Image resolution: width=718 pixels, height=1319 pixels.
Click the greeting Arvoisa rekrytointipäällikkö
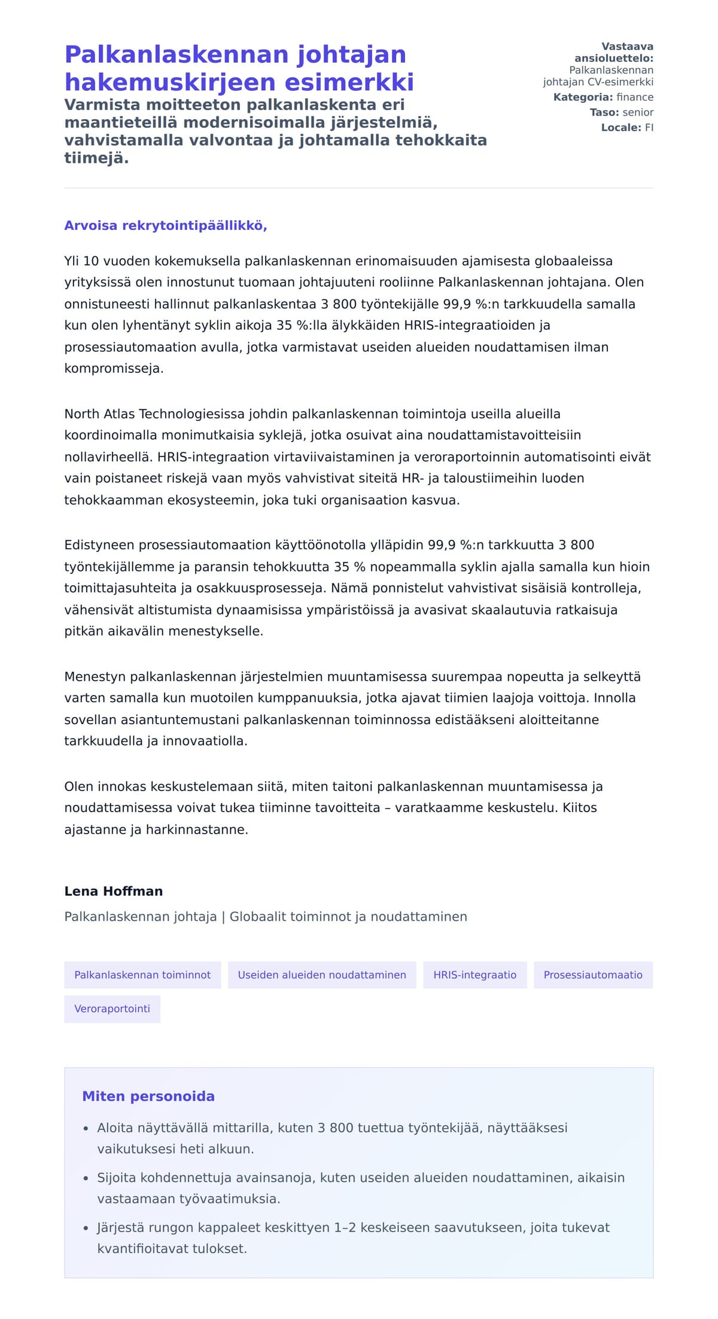[165, 226]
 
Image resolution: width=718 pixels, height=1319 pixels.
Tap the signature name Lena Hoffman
[113, 891]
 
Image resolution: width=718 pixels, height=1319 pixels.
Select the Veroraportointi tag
[112, 1008]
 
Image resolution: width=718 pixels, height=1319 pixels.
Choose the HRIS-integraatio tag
[474, 975]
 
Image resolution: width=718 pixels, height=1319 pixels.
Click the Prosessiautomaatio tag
[592, 975]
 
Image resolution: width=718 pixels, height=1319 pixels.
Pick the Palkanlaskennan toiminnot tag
[142, 975]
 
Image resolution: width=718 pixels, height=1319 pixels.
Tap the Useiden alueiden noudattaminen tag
[322, 975]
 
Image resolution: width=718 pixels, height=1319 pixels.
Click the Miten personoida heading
[148, 1096]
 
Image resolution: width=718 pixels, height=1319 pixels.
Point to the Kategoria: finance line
[603, 97]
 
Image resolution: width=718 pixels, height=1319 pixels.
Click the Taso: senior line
[621, 112]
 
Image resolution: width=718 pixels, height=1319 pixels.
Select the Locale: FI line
[627, 127]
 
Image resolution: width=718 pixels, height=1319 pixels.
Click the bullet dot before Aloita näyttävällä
[86, 1129]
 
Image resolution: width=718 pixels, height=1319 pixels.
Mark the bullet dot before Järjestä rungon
[86, 1229]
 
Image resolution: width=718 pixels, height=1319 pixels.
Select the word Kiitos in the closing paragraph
[579, 808]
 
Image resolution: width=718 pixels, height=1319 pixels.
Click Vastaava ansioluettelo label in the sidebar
[614, 53]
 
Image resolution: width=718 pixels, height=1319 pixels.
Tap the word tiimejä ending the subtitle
[96, 158]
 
